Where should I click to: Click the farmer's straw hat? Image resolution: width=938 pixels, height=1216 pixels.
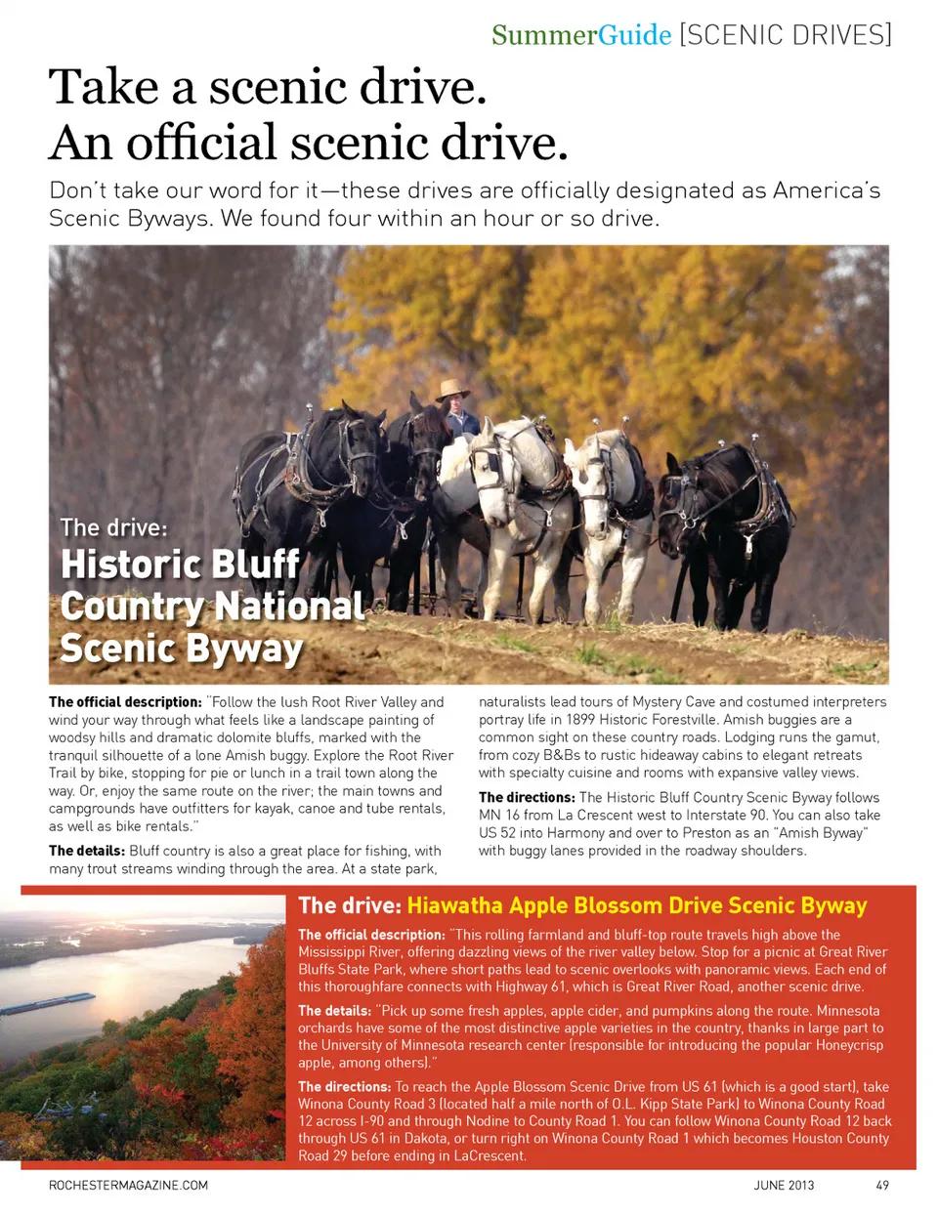click(452, 389)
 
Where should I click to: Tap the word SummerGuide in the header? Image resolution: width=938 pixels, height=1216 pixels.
click(580, 35)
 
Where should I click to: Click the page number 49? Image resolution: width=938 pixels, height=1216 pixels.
click(881, 1186)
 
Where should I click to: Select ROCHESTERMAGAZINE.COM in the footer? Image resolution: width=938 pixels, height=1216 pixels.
click(128, 1186)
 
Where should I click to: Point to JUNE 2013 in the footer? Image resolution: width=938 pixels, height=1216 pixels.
click(784, 1186)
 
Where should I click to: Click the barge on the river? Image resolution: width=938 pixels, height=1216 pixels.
click(49, 1004)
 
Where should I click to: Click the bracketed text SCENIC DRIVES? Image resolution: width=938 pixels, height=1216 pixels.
click(785, 35)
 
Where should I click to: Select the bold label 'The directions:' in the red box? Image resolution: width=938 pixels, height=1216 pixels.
click(344, 1086)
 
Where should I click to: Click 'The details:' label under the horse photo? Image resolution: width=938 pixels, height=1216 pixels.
click(87, 851)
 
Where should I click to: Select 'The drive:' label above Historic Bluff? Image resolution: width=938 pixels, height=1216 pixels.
click(113, 527)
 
